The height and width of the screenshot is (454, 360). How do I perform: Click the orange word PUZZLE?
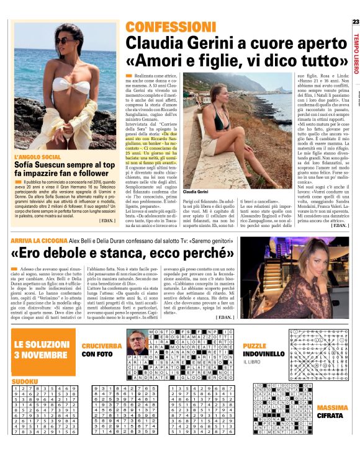(254, 345)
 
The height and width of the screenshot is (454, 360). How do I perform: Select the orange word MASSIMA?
(333, 407)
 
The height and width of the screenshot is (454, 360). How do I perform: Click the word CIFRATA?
(333, 416)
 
